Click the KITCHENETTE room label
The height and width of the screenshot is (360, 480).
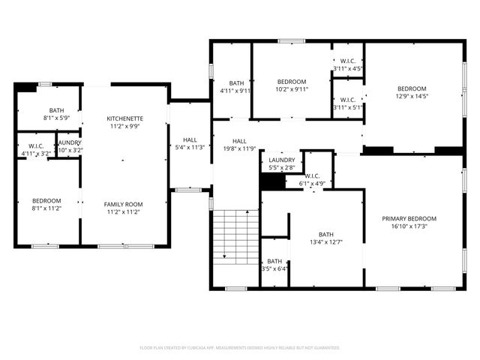[x=124, y=118]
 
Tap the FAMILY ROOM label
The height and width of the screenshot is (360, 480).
[x=123, y=204]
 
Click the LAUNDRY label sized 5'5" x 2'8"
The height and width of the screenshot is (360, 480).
[x=282, y=160]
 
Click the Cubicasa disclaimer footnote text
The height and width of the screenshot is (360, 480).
[x=239, y=348]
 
